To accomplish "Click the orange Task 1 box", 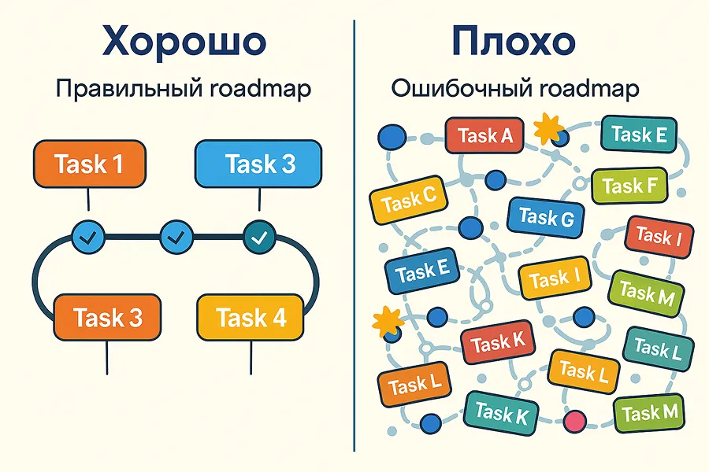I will point(88,164).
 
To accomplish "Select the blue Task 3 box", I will point(258,164).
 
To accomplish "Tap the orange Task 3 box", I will point(107,318).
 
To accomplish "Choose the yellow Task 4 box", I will point(251,318).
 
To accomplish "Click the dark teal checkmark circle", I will point(258,234).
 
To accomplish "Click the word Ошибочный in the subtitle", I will point(457,88).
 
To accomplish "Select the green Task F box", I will point(629,186).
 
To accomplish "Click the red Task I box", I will point(653,235).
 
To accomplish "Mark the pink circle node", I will point(577,420).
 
